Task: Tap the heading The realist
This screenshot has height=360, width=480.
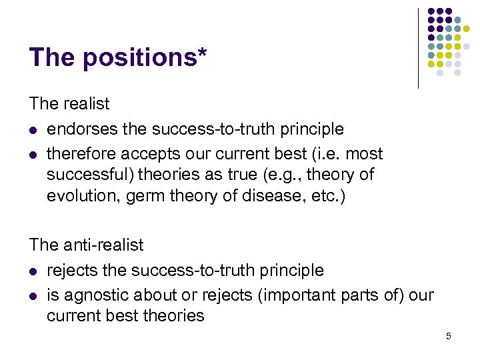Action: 69,104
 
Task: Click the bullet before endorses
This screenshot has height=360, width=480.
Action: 33,129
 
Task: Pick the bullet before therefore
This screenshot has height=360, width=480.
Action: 33,154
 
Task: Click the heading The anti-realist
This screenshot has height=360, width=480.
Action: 86,245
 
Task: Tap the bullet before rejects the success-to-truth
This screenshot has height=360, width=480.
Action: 33,271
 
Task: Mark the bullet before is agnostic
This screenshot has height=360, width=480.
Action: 33,295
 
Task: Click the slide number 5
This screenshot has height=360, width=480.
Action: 449,336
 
